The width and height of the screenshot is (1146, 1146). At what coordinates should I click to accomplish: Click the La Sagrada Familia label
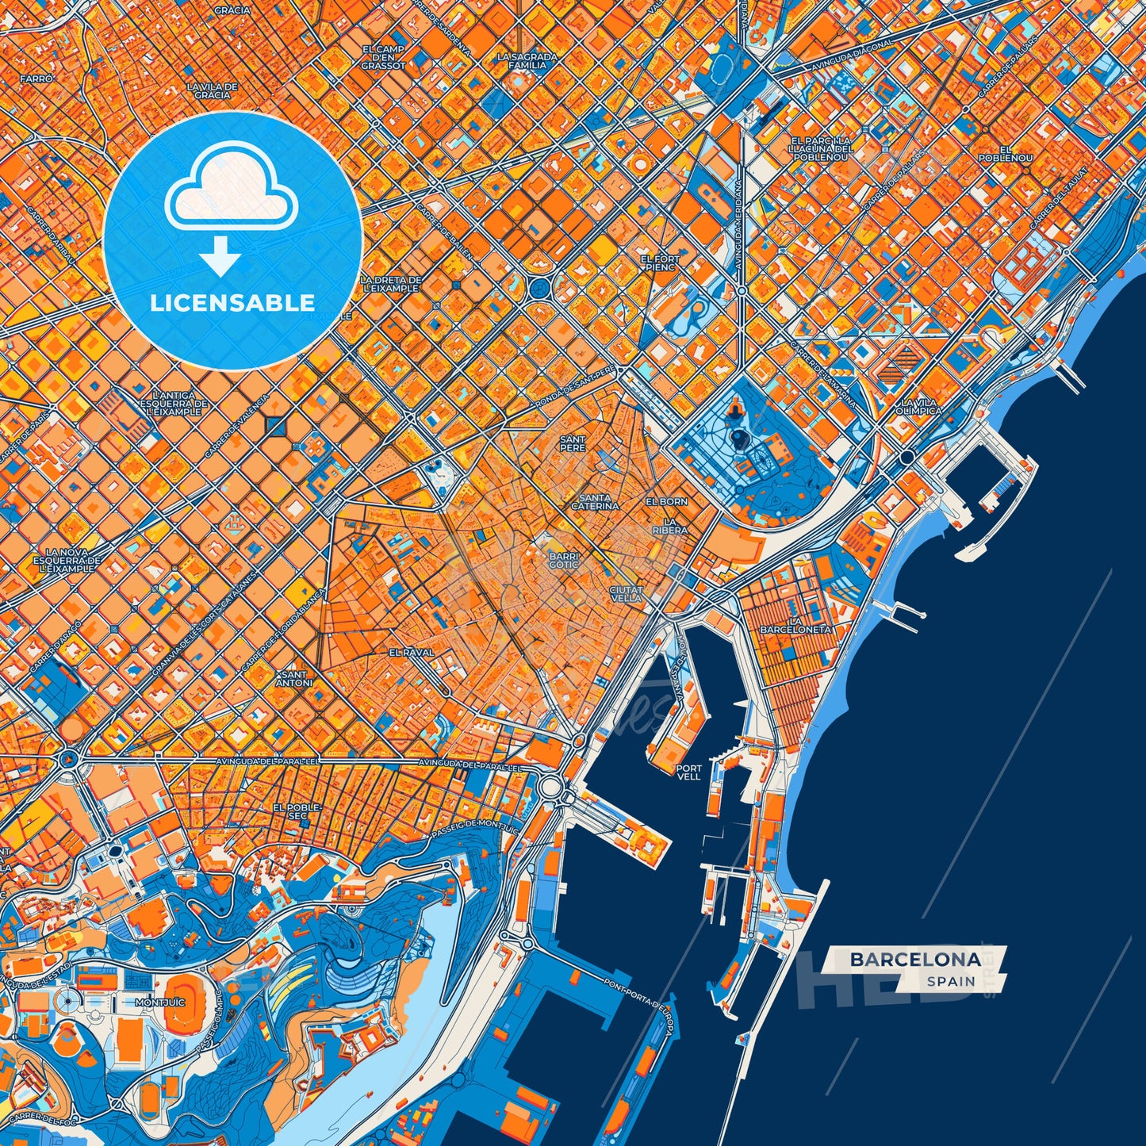click(x=527, y=61)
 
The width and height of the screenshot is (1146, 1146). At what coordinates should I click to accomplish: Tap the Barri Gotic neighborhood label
click(x=564, y=561)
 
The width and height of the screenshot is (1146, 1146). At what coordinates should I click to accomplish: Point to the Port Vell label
click(x=689, y=772)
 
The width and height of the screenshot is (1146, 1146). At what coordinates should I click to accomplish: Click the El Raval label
click(x=412, y=652)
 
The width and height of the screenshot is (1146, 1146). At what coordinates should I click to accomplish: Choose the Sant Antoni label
click(x=294, y=678)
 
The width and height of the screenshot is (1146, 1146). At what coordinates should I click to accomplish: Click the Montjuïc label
click(x=160, y=1002)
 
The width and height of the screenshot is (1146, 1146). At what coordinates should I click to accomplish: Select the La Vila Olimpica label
click(x=919, y=407)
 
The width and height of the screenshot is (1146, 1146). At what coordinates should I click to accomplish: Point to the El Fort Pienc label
click(x=660, y=263)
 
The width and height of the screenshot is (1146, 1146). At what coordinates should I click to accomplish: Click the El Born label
click(x=666, y=502)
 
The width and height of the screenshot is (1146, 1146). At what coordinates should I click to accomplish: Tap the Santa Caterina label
click(x=595, y=502)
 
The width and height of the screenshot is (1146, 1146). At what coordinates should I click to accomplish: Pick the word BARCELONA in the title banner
click(x=915, y=960)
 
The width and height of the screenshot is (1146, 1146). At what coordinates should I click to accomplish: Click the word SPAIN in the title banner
click(x=951, y=981)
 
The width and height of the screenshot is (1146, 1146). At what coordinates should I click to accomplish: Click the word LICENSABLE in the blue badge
click(x=232, y=303)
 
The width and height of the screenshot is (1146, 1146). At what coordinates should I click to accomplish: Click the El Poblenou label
click(x=1016, y=154)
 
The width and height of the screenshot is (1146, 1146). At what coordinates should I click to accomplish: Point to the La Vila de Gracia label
click(x=212, y=90)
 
